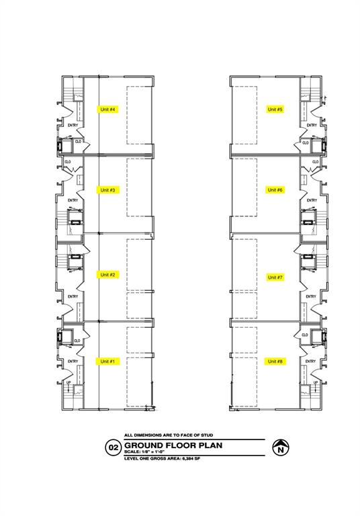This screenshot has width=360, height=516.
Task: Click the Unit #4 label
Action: point(108,110)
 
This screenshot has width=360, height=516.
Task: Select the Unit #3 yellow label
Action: point(108,190)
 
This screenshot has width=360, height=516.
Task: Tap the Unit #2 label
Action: point(108,275)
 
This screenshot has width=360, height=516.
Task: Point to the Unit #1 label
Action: point(108,361)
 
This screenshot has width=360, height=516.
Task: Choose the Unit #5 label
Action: point(275,110)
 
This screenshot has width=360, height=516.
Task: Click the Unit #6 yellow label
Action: point(275,190)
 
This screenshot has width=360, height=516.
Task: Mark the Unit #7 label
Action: point(275,277)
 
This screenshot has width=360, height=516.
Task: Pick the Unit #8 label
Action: point(275,361)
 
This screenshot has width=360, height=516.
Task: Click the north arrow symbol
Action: point(279,447)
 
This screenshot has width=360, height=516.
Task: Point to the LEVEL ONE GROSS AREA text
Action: point(161,458)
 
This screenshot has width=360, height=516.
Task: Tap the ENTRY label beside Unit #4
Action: point(73,125)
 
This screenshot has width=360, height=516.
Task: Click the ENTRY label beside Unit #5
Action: point(312,125)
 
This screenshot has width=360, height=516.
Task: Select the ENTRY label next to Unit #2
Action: point(73,296)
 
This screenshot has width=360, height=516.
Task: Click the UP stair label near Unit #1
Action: point(69,383)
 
